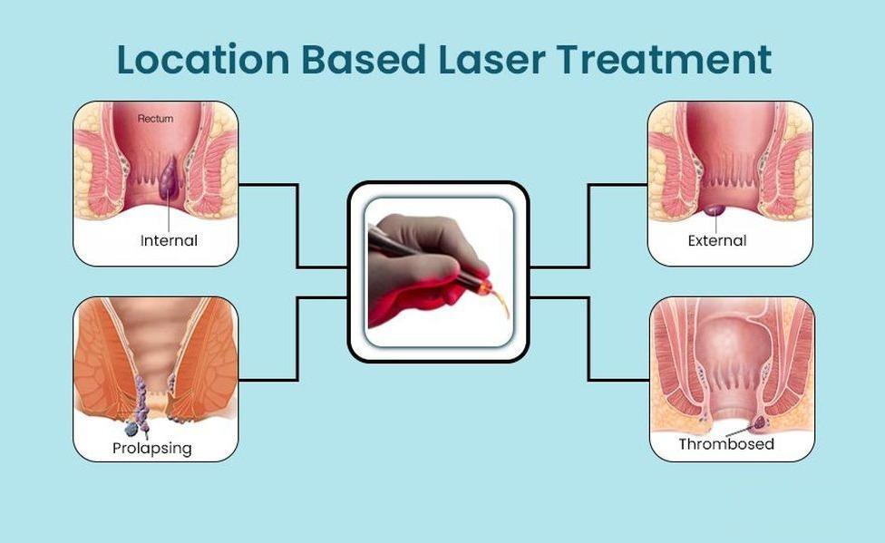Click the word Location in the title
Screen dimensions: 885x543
(202, 59)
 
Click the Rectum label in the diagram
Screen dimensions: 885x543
(155, 119)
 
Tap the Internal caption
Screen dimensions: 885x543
(169, 240)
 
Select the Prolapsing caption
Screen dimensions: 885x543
(152, 448)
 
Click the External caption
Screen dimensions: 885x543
(717, 240)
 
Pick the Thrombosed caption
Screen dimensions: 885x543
(725, 443)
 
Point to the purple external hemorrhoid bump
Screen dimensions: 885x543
(715, 210)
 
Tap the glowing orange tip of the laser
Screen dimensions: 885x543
(483, 288)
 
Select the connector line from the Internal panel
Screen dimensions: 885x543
(297, 226)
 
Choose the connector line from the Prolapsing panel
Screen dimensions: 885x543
(297, 339)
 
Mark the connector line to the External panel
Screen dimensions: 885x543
(588, 226)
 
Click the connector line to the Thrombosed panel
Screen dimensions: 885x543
(588, 339)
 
